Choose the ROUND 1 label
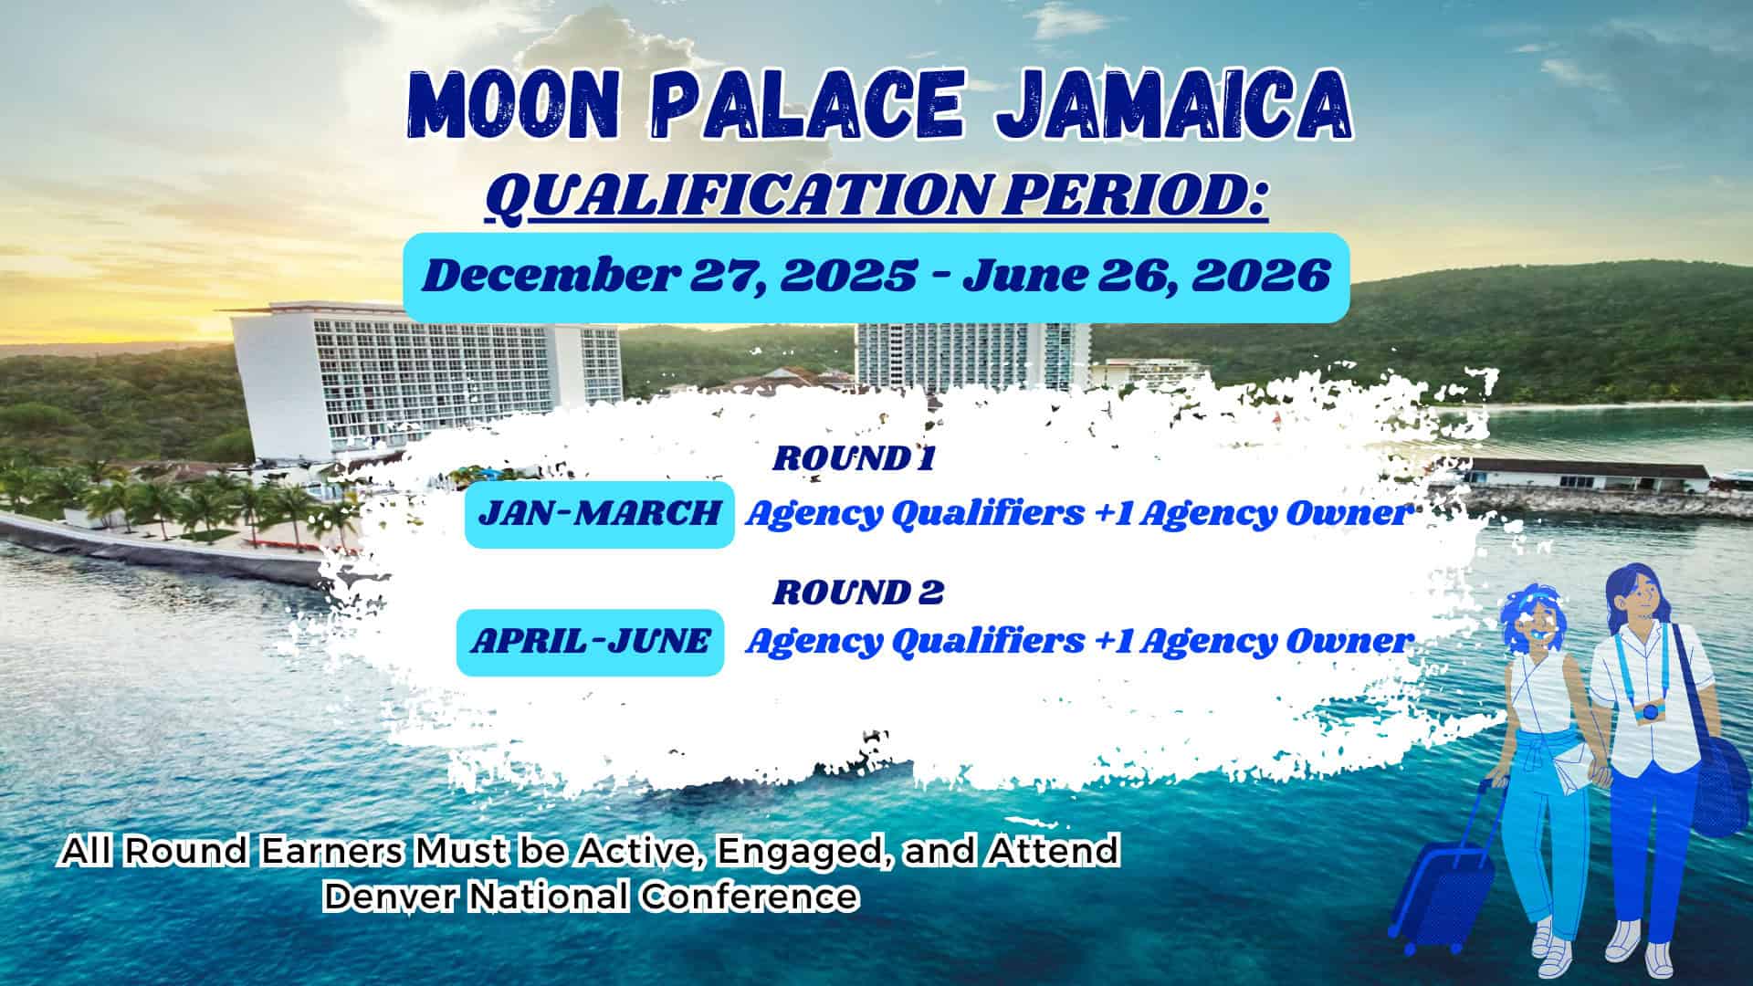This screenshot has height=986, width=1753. pyautogui.click(x=853, y=458)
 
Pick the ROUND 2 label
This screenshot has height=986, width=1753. pyautogui.click(x=857, y=593)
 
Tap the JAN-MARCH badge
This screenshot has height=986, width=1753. pyautogui.click(x=599, y=514)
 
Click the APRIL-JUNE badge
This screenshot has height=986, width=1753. pyautogui.click(x=590, y=642)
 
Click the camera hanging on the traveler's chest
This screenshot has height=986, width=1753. pyautogui.click(x=1650, y=712)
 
